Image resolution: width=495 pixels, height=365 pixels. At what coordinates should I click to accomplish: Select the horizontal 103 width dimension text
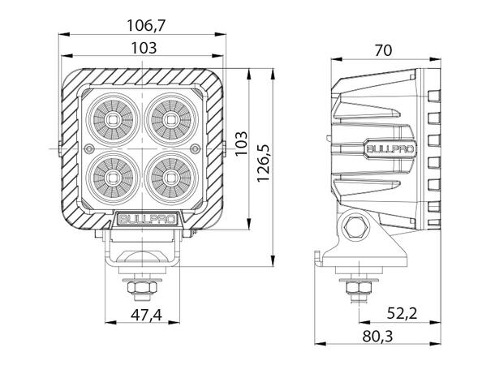click(143, 48)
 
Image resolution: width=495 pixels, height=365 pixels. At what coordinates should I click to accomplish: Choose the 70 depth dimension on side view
click(383, 49)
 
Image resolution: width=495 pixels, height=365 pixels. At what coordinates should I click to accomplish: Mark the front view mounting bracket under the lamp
click(143, 253)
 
